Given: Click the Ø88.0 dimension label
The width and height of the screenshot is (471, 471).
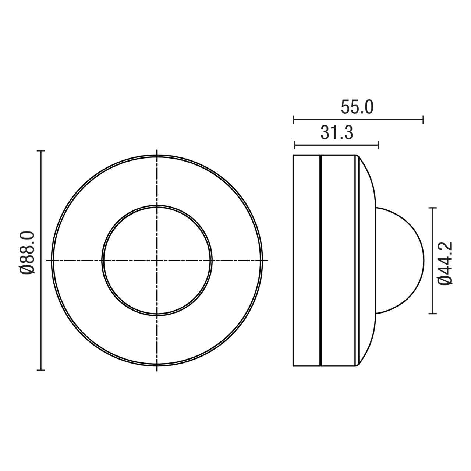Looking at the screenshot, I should [28, 253].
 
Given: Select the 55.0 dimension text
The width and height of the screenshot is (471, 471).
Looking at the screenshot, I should [357, 107].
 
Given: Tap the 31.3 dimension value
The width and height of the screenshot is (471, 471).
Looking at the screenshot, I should [337, 133].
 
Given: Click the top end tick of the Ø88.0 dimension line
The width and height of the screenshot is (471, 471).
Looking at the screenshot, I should [41, 151].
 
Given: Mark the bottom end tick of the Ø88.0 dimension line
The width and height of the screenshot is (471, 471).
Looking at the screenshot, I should [41, 370].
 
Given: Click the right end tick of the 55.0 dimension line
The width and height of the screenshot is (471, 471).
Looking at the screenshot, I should [423, 119].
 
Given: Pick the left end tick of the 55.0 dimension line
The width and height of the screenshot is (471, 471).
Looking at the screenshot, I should [293, 119].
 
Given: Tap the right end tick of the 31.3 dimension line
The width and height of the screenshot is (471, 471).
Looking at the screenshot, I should [378, 145].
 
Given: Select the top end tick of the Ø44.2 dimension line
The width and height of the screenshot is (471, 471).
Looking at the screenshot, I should [433, 208].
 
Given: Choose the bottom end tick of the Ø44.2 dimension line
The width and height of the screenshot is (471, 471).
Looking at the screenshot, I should [433, 314].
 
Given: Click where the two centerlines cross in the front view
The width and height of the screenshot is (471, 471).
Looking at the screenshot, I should [157, 261].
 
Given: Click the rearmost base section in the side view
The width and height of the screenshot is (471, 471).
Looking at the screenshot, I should [306, 261].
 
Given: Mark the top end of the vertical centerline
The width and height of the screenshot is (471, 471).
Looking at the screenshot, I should [157, 150].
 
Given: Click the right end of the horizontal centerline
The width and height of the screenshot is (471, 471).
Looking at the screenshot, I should [268, 261].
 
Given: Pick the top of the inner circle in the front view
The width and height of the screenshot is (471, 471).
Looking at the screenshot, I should [157, 206].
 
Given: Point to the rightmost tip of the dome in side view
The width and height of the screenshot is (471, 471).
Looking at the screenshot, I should [423, 261].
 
